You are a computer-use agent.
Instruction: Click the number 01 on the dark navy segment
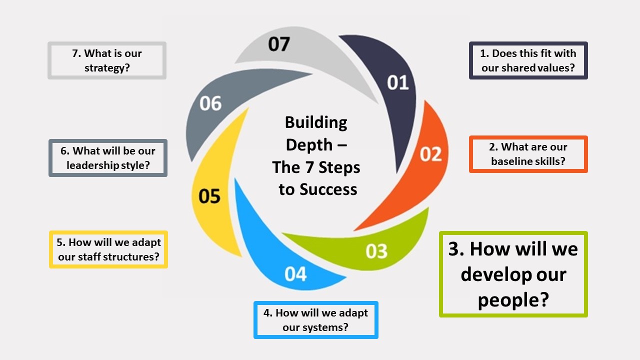coord(398,82)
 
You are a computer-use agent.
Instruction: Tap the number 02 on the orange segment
coord(430,154)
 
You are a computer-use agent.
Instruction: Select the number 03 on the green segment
coord(376,251)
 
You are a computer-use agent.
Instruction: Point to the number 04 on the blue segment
coord(295,274)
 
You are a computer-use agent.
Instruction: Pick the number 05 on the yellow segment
coord(209,196)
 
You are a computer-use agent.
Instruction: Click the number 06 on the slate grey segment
coord(210,103)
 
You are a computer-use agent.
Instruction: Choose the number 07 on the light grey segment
coord(278,44)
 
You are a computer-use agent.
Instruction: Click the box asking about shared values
coord(528,60)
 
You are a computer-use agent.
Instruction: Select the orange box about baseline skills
coord(528,154)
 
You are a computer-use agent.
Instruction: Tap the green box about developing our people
coord(513,274)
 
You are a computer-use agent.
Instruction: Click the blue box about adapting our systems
coord(315,320)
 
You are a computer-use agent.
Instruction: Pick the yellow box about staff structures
coord(108,249)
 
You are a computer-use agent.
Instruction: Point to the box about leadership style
coord(108,158)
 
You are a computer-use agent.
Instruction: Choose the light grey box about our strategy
coord(107,60)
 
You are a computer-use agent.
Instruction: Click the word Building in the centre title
coord(316,122)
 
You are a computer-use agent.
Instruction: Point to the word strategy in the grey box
coord(107,67)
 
